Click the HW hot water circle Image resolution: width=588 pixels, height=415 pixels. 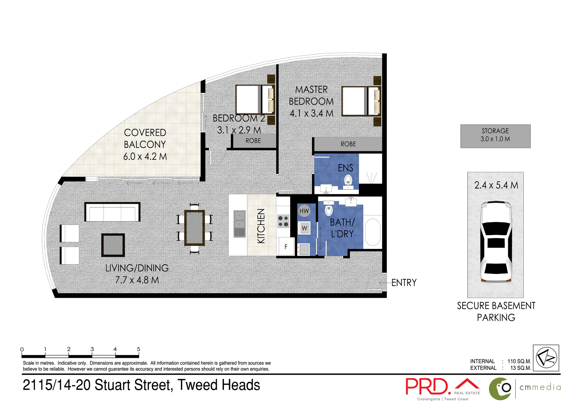click(304, 211)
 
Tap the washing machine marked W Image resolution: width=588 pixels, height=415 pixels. click(304, 228)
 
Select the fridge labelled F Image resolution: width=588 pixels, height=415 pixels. click(286, 246)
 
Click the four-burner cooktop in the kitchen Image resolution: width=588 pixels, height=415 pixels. click(283, 221)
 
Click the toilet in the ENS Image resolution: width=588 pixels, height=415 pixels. click(348, 180)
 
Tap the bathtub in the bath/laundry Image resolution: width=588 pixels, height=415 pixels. click(372, 232)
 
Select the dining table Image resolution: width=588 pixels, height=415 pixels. click(194, 228)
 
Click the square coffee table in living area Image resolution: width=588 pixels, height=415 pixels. click(113, 245)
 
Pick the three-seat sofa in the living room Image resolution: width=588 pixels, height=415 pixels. click(112, 212)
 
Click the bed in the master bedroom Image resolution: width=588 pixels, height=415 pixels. click(361, 101)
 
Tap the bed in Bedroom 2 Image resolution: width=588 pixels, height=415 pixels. click(254, 100)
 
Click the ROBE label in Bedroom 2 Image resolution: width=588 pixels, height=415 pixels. click(253, 141)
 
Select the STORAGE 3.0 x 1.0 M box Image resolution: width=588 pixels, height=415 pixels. click(495, 136)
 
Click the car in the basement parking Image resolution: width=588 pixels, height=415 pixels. click(496, 242)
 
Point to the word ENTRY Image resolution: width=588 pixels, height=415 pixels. click(404, 283)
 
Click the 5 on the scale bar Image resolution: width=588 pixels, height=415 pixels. click(138, 349)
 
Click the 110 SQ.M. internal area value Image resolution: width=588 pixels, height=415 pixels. click(519, 361)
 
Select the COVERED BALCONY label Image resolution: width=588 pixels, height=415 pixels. click(145, 138)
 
